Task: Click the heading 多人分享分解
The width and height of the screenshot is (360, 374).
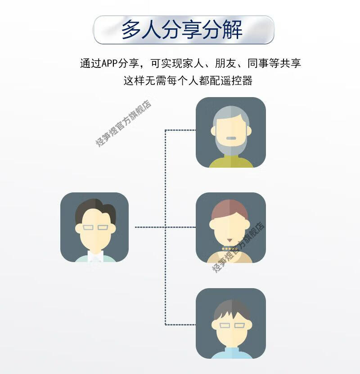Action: (182, 30)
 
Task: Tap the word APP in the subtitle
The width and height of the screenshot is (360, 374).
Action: (109, 63)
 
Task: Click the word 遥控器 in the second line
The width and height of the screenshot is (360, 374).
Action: (239, 81)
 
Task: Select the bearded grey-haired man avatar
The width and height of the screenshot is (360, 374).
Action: (230, 132)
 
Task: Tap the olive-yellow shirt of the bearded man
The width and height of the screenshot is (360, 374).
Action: (230, 162)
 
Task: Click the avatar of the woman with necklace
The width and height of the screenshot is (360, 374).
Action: (230, 227)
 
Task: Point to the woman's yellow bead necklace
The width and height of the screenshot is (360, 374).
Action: (229, 249)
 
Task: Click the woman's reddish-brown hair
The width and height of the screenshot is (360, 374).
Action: (229, 209)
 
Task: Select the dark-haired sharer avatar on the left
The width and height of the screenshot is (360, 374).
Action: (94, 227)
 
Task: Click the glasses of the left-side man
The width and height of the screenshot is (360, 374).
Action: (95, 227)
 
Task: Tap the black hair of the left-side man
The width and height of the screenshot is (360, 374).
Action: (95, 209)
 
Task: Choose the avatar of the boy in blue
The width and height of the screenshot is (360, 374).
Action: (230, 323)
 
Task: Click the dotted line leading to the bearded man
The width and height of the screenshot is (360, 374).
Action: (180, 130)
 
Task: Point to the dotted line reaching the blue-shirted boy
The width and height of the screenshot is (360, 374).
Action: (180, 324)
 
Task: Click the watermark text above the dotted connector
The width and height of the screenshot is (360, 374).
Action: (123, 124)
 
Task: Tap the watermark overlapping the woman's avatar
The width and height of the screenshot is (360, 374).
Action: (238, 247)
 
